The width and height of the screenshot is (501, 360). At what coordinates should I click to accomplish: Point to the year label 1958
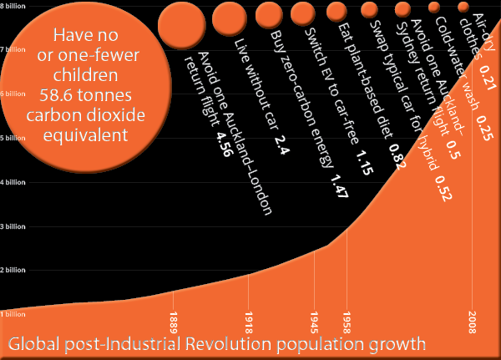tap(346, 321)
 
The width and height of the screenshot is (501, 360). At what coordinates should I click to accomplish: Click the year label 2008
tap(473, 321)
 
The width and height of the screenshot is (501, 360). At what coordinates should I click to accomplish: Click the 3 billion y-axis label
tap(11, 226)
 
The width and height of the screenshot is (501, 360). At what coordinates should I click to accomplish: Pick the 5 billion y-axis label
tap(11, 138)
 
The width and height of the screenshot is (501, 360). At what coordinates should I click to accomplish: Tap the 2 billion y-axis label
tap(11, 271)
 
